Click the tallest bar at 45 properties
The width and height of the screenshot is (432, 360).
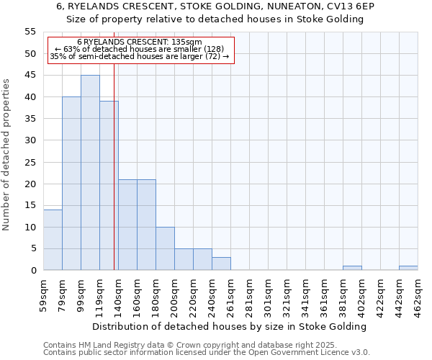click(90, 173)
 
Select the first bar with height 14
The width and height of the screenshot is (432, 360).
click(53, 240)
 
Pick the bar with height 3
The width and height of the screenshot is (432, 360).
click(221, 264)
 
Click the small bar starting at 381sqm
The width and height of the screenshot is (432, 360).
click(352, 268)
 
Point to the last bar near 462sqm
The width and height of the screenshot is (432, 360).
click(408, 268)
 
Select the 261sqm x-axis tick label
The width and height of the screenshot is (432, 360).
click(231, 291)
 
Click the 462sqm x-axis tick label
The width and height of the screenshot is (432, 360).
click(418, 291)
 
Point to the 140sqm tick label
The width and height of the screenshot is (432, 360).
click(119, 291)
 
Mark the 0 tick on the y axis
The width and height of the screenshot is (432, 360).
click(32, 271)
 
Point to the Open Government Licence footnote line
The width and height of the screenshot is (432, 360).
click(207, 353)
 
